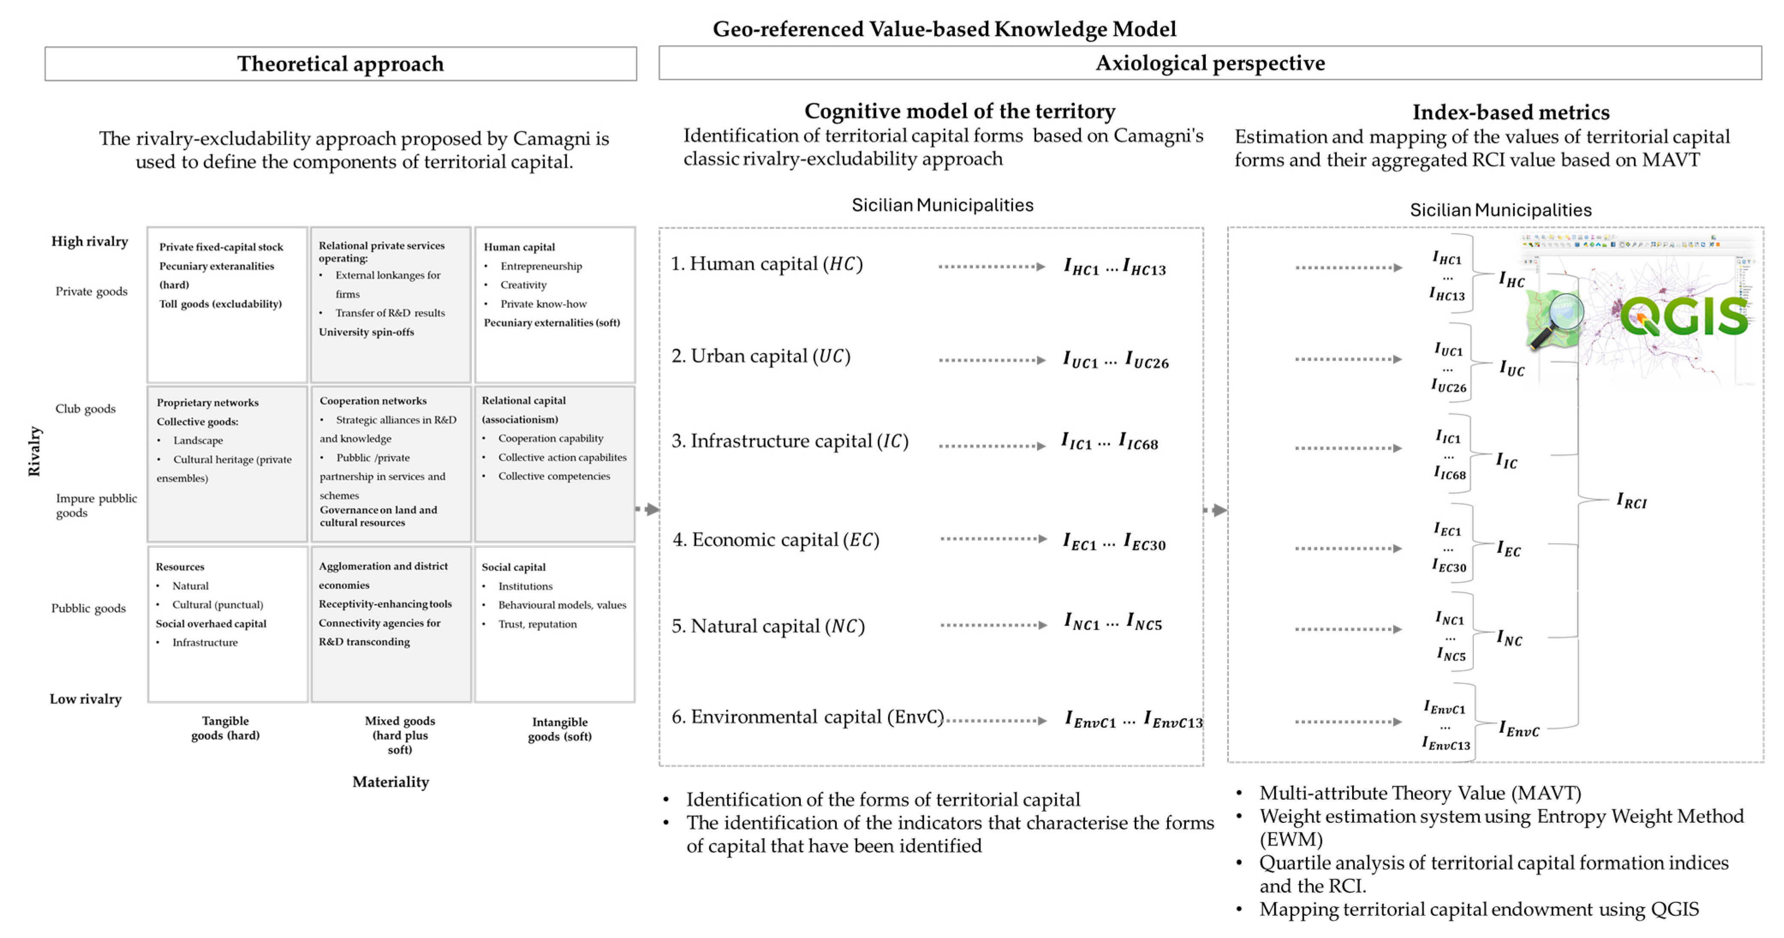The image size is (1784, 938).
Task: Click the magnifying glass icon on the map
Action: tap(1558, 318)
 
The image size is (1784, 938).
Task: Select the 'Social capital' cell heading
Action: tap(513, 567)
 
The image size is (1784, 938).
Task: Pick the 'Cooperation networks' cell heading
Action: tap(372, 400)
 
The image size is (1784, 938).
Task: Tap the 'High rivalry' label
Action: tap(89, 241)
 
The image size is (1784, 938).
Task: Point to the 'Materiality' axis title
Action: tap(391, 781)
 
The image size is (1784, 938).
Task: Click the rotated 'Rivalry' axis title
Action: tap(34, 451)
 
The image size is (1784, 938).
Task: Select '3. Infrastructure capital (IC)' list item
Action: tap(790, 441)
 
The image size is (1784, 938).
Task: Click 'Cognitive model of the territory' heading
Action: tap(959, 111)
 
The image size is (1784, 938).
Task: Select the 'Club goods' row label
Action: tap(85, 409)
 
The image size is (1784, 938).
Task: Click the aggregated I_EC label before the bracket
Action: tap(1508, 550)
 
